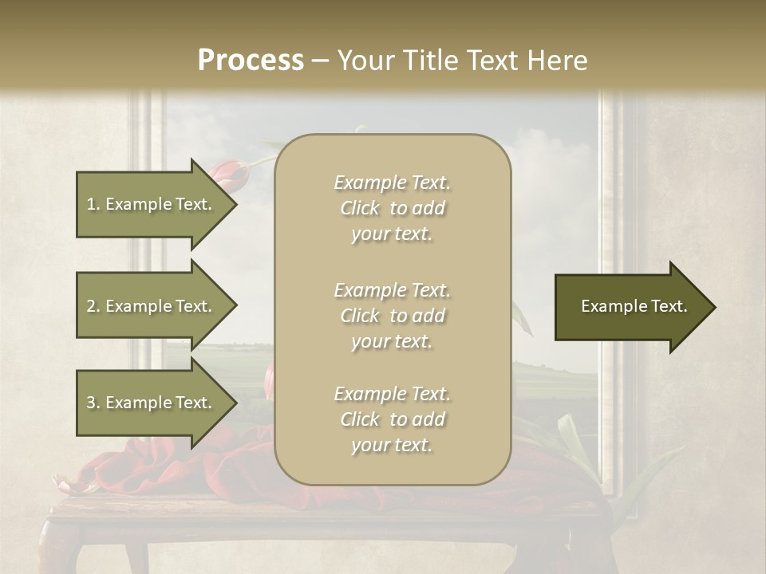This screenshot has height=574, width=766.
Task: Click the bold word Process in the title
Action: [x=251, y=61]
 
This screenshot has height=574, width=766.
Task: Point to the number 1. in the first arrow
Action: [x=93, y=204]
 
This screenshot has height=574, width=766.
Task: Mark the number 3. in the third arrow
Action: [x=93, y=403]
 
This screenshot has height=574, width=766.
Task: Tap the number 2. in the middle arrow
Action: [x=93, y=306]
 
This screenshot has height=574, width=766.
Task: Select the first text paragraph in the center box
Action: [x=392, y=208]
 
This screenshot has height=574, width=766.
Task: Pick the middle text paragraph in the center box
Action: [x=392, y=316]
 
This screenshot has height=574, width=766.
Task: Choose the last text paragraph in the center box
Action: [x=392, y=419]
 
